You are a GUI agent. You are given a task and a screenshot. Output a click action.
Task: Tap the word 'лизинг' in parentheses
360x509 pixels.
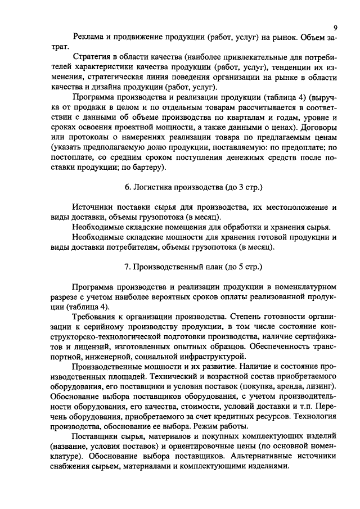pyautogui.click(x=323, y=388)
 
